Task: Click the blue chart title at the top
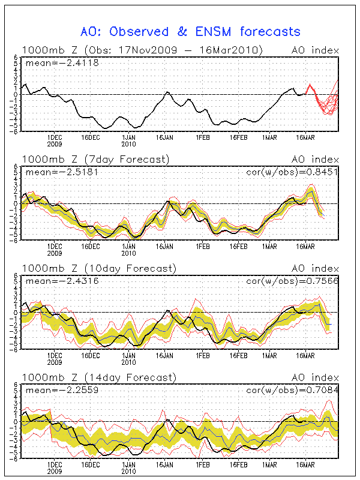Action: [x=190, y=31]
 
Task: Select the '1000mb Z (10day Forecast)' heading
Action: [x=98, y=268]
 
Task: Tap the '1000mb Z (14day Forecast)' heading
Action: [x=98, y=377]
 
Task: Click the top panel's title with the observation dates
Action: [x=142, y=50]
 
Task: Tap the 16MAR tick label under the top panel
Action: [x=306, y=137]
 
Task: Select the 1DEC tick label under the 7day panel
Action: [x=55, y=246]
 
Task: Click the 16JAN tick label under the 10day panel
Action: [x=164, y=355]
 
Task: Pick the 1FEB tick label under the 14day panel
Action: [x=203, y=464]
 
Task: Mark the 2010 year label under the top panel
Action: [x=128, y=144]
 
